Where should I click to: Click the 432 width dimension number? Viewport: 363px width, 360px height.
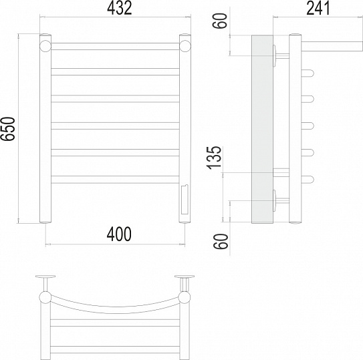[120, 8]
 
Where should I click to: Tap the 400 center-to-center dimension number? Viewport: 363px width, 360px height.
[119, 234]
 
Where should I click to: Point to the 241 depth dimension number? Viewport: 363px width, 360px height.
[318, 8]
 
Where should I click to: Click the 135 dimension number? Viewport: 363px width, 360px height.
[215, 158]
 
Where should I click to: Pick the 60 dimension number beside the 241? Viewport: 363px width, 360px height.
[220, 21]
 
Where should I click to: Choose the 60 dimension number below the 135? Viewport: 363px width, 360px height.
[221, 241]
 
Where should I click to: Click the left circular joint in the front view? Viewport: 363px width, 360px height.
[45, 46]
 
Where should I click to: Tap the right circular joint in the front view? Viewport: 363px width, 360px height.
[185, 46]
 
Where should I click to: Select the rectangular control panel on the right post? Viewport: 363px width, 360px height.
[185, 200]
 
